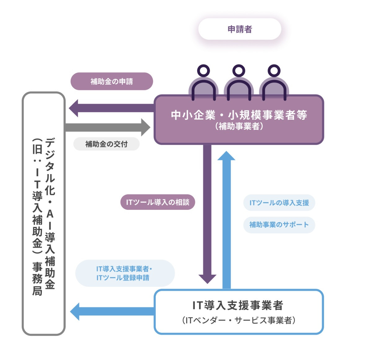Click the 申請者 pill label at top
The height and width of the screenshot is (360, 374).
pos(240,29)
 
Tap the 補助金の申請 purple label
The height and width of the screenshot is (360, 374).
pos(112,81)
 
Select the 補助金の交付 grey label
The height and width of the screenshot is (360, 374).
pos(106,144)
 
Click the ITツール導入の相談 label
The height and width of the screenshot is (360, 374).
pos(158,202)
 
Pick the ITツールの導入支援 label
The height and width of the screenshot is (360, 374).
pos(279,203)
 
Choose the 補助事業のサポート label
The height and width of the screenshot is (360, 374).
pos(279,225)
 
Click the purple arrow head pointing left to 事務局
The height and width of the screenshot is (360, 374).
pos(73,108)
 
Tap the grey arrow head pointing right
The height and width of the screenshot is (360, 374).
pos(146,127)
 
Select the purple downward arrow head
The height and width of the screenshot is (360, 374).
pos(207,279)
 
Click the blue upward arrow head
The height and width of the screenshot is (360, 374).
pos(226,156)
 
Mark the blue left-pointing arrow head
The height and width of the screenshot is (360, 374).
pos(75,311)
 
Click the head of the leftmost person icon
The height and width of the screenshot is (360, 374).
pos(203,71)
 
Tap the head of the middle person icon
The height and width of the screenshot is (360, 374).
pos(239,71)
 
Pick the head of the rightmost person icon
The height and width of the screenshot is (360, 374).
pos(274,71)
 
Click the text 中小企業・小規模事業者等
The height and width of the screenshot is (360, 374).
pos(239,115)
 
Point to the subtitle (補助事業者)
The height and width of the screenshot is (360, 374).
pos(239,126)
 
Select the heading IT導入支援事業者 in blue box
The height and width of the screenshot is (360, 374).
pos(238,305)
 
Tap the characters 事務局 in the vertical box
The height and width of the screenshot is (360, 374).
pos(37,279)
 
